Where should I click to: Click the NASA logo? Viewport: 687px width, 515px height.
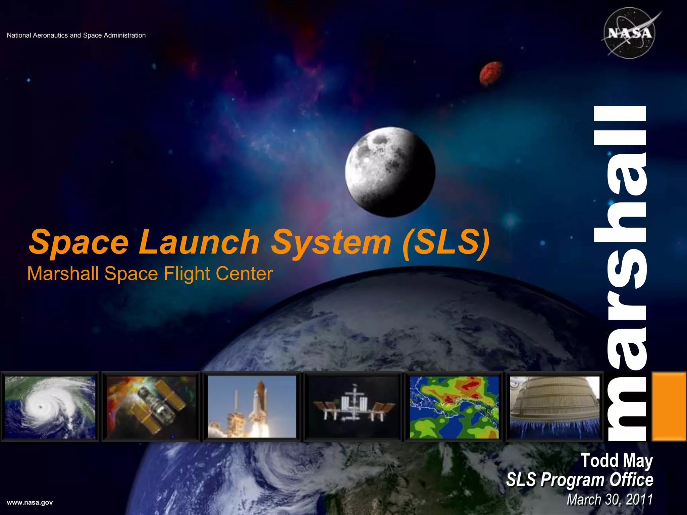coord(630,33)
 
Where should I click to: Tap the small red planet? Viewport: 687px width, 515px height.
coord(491,73)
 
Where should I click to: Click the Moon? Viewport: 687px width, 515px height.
coord(390,172)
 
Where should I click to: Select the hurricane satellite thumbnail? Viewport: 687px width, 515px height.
coord(50,407)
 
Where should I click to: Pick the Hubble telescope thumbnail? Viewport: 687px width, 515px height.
coord(151,407)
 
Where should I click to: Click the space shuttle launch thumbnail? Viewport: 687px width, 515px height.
coord(252,407)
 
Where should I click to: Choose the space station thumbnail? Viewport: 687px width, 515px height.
coord(353,407)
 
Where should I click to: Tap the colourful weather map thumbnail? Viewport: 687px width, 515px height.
coord(454,407)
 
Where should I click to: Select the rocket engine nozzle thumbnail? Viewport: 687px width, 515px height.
coord(555,407)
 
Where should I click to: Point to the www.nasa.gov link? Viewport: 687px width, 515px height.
coord(30,502)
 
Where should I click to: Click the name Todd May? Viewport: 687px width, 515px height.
coord(617,461)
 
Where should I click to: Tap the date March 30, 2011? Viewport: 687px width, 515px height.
coord(610,500)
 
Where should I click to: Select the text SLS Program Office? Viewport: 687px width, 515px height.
coord(580,480)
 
